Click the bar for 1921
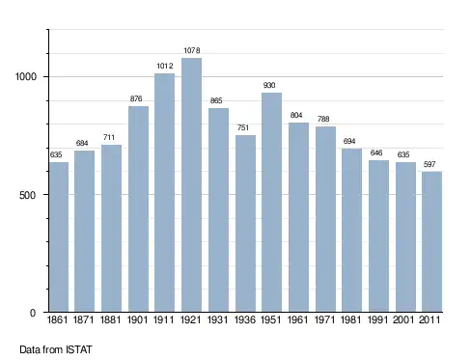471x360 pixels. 191,185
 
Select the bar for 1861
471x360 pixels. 59,237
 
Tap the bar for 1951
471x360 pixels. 271,203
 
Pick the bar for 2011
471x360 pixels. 431,242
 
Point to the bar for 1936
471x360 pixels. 245,224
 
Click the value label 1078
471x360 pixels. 192,50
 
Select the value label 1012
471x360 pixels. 165,66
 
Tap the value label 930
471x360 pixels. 269,85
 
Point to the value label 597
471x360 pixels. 429,164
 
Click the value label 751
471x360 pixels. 243,127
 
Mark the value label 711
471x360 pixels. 109,137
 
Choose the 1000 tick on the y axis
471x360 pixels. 26,76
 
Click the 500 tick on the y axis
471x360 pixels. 28,195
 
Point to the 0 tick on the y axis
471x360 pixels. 33,313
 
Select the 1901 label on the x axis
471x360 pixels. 137,319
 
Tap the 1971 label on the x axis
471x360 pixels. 324,319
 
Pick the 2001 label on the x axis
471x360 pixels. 403,319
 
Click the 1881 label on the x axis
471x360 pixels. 110,319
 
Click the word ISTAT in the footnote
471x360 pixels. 79,349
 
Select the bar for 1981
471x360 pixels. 351,231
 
